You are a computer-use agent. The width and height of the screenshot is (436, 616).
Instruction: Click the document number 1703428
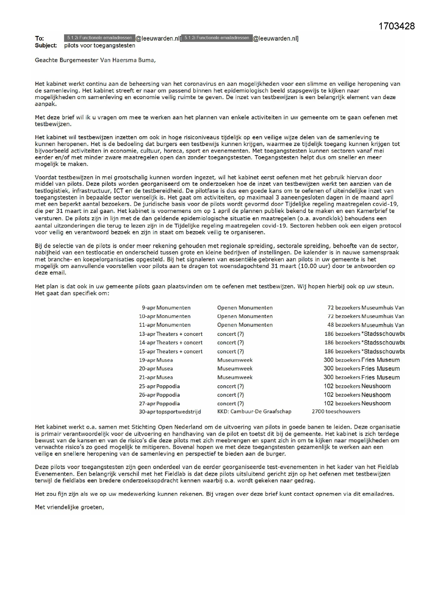click(396, 26)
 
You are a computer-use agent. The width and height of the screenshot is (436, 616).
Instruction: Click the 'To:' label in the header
click(39, 38)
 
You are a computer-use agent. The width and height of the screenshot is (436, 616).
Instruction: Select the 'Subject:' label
click(46, 46)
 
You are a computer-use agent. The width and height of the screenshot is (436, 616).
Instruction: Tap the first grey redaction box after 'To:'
click(99, 38)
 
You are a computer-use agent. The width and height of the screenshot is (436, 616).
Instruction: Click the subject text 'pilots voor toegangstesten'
click(100, 46)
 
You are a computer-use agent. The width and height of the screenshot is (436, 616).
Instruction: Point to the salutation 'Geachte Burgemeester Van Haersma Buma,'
click(95, 60)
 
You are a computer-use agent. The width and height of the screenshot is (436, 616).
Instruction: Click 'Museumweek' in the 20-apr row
click(235, 369)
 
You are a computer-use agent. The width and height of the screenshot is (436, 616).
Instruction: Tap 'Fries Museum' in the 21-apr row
click(380, 377)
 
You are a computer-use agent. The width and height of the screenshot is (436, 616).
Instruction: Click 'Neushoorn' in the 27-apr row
click(376, 404)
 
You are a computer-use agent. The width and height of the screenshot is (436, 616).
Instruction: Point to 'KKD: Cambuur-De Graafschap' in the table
click(254, 412)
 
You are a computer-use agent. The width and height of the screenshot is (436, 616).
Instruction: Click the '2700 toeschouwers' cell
click(336, 412)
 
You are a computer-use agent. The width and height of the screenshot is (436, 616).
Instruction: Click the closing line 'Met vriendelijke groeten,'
click(69, 507)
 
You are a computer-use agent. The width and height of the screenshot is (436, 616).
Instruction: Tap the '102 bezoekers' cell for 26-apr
click(342, 395)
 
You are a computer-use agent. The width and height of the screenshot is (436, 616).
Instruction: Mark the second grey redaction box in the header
click(217, 38)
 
